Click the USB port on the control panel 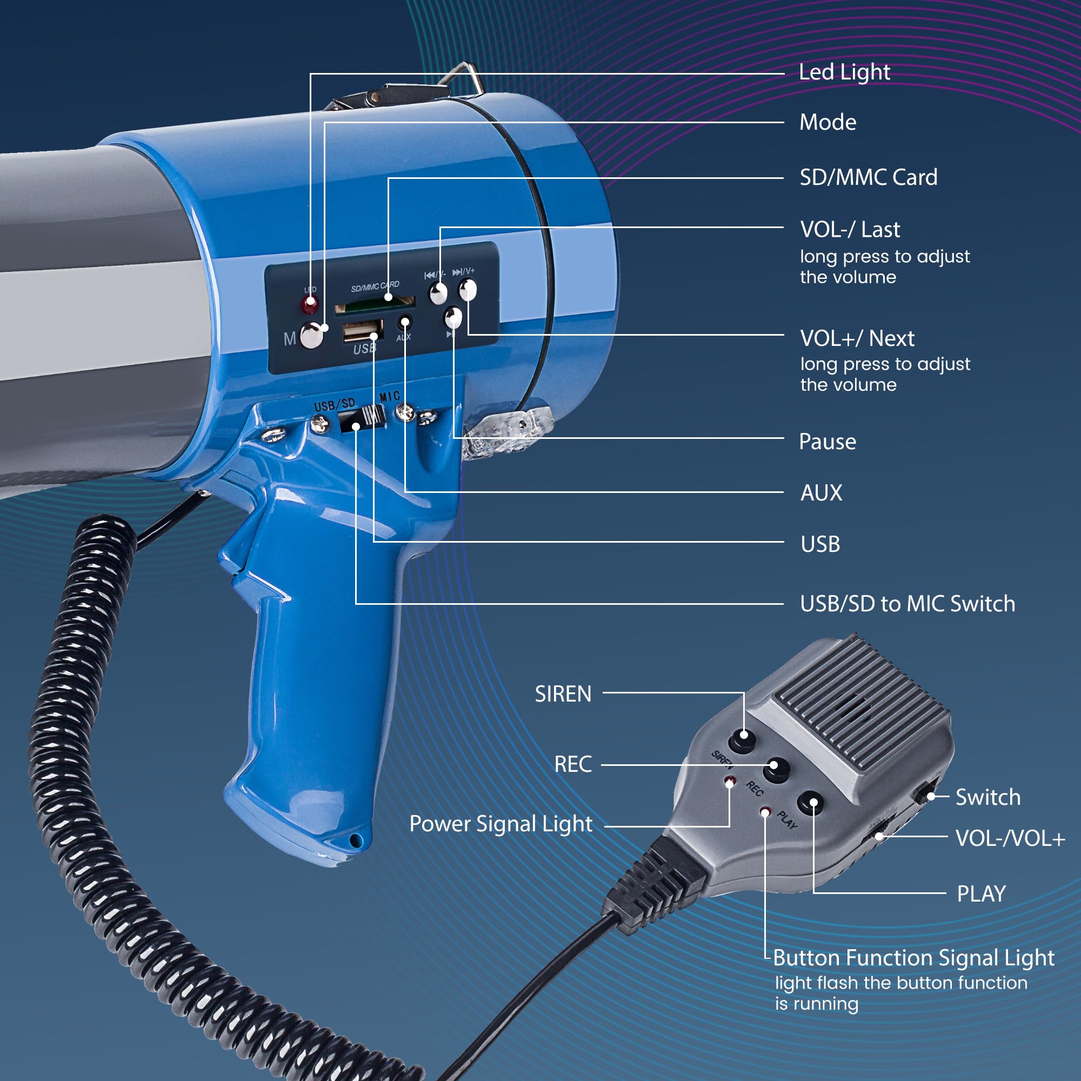click(x=362, y=330)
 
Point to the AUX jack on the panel click(x=404, y=323)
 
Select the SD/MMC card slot click(x=375, y=304)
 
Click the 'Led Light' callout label click(x=844, y=73)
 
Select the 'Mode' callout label click(x=828, y=123)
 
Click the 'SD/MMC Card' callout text click(x=869, y=177)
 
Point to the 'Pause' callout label click(x=828, y=442)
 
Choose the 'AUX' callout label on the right click(x=821, y=493)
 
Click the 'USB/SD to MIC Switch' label click(x=907, y=604)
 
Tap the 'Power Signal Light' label click(x=501, y=824)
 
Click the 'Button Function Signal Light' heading click(x=913, y=958)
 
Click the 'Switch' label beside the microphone click(x=988, y=797)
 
